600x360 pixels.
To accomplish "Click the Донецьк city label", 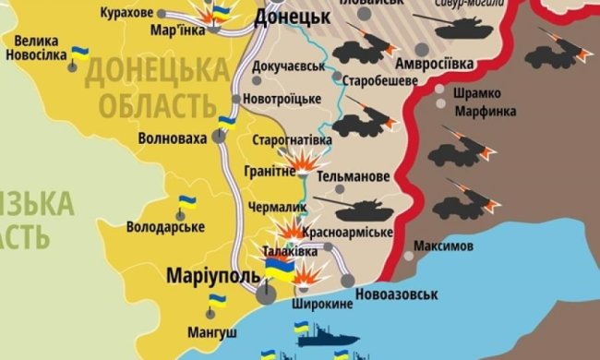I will [x=292, y=17].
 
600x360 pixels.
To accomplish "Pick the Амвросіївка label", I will [x=434, y=64].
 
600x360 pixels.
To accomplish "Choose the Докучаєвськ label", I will [x=287, y=67].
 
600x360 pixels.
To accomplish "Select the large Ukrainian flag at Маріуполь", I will [x=279, y=267].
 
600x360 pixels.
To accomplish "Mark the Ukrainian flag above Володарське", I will [x=186, y=200].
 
